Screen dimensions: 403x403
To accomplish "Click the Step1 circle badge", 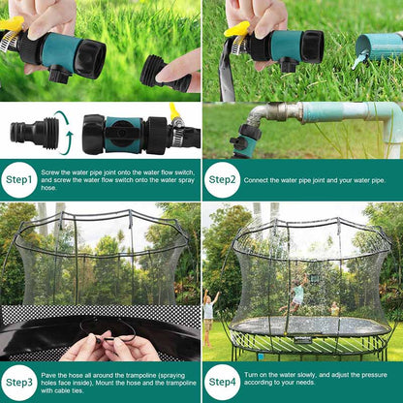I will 18,179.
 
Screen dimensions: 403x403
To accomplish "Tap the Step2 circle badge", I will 222,179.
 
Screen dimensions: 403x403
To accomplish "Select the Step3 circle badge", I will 18,382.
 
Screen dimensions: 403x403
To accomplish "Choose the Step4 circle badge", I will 222,382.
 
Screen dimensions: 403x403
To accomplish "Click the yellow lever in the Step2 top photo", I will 235,29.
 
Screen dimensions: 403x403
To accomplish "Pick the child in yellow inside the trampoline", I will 335,308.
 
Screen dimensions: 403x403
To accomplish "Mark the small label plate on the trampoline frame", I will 302,339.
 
